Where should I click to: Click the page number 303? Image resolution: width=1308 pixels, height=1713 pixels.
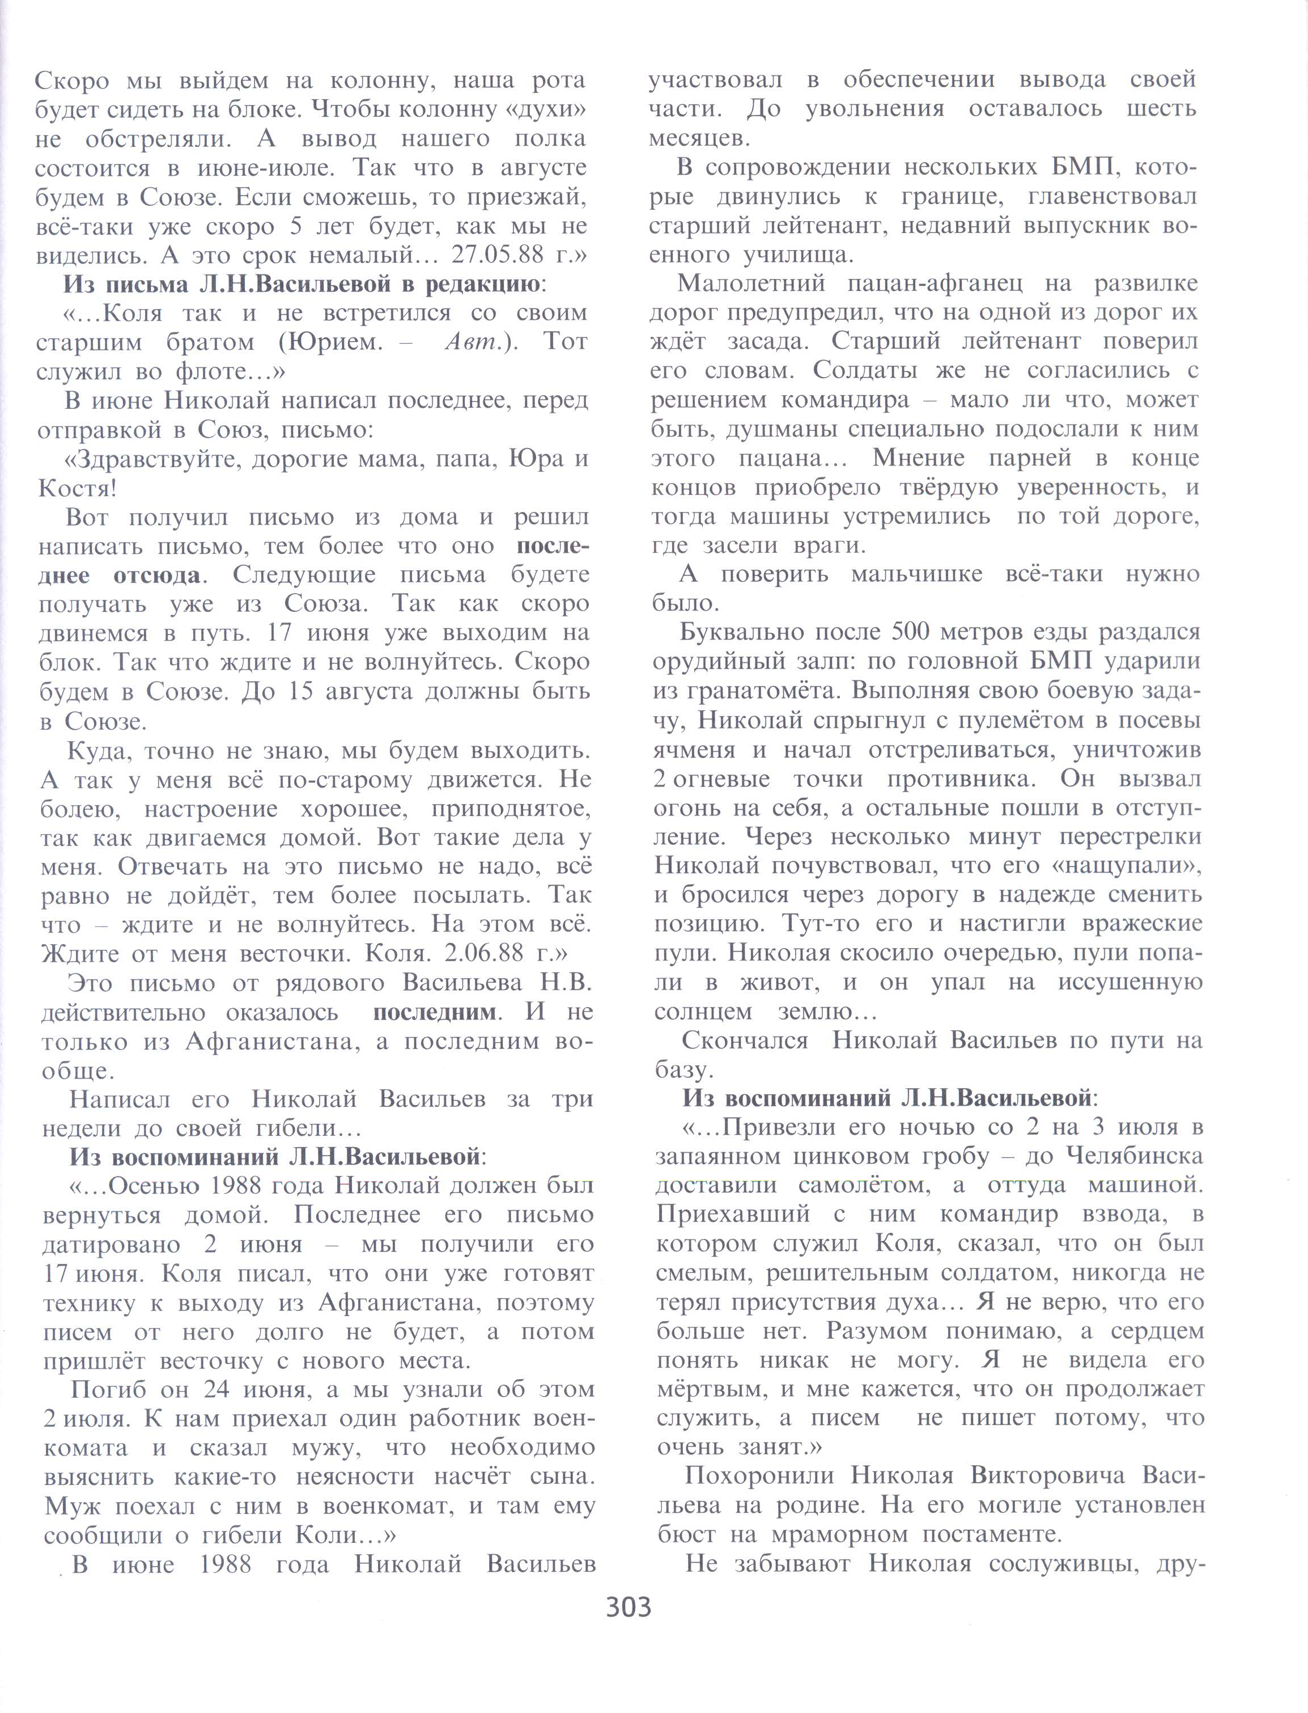[628, 1606]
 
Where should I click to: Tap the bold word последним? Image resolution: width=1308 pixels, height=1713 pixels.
[435, 1013]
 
